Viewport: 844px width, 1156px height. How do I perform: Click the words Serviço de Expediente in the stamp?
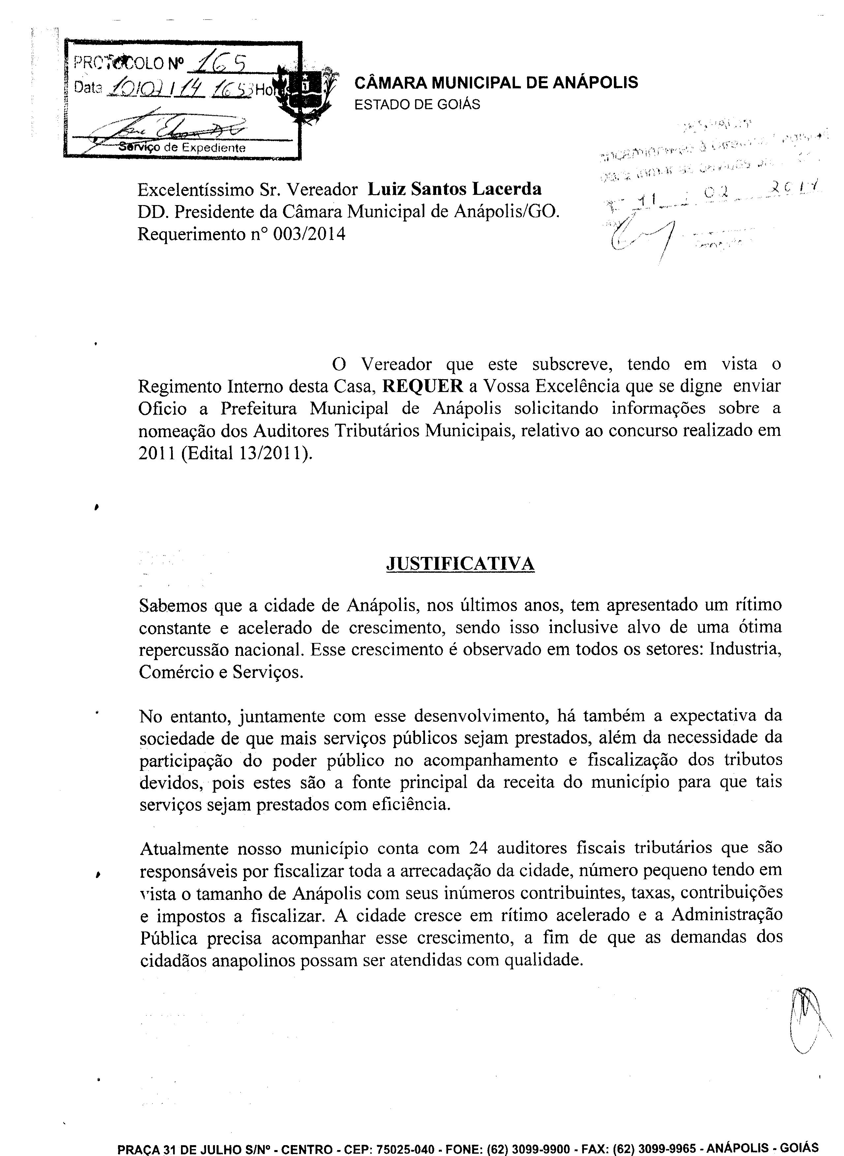182,148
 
